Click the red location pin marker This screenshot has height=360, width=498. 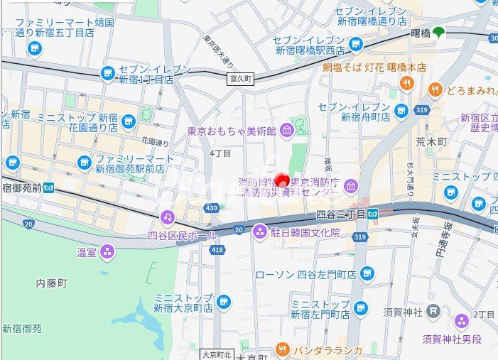[282, 180]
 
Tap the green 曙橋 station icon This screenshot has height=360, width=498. [439, 32]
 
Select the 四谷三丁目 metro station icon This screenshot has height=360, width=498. [384, 212]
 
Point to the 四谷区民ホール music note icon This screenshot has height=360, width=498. [167, 216]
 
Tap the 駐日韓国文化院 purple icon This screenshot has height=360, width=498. [261, 231]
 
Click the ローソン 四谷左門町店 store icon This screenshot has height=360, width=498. [367, 273]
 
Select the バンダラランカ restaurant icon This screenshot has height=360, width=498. [283, 349]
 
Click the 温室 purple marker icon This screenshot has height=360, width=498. [107, 251]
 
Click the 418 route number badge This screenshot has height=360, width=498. [217, 250]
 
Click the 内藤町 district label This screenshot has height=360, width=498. [51, 283]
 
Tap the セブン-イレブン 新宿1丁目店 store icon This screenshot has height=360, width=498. [108, 74]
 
